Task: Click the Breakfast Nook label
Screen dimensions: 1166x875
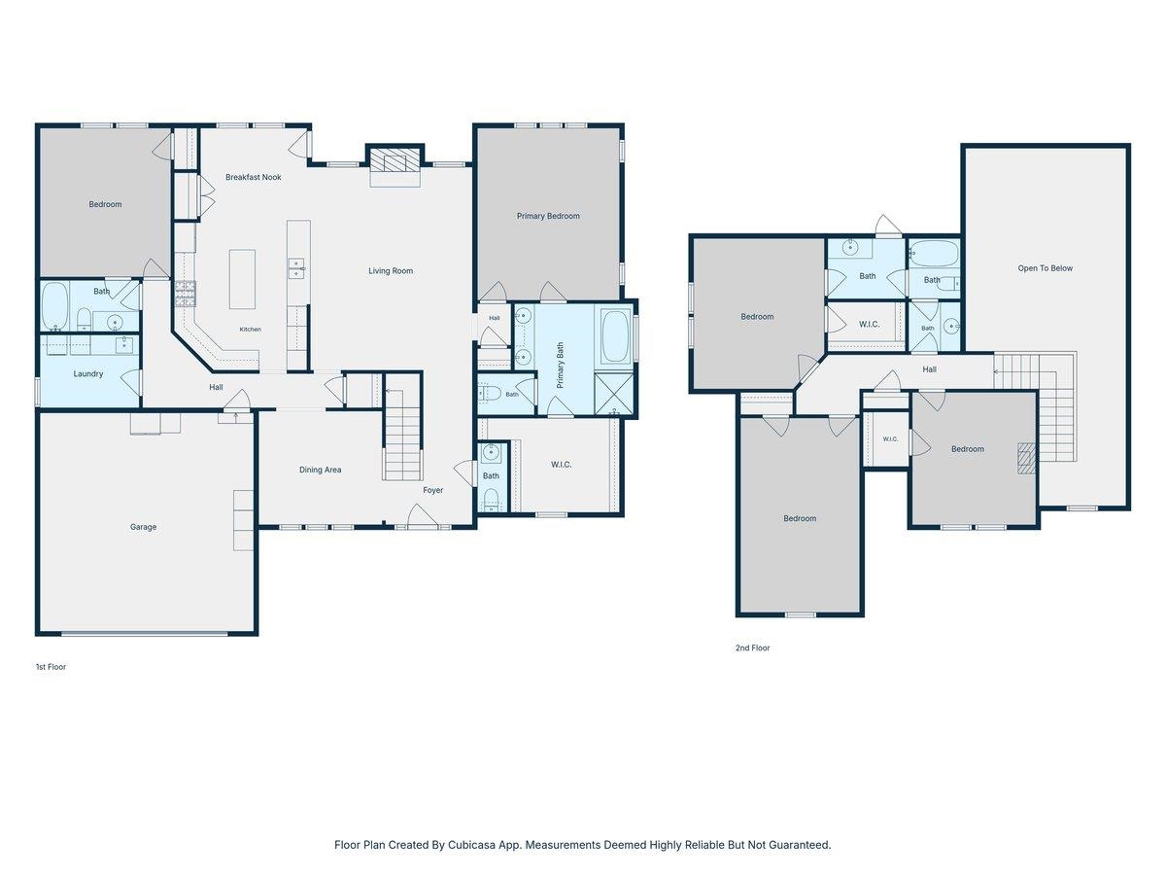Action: tap(253, 177)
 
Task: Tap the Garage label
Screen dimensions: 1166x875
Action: tap(143, 527)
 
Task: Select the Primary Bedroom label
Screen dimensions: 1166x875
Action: tap(548, 216)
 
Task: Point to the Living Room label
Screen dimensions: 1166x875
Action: tap(391, 271)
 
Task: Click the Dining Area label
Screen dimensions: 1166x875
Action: tap(320, 470)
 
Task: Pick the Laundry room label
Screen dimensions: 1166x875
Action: tap(88, 374)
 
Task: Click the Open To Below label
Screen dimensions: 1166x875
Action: tap(1045, 268)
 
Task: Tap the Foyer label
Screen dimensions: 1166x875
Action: tap(432, 490)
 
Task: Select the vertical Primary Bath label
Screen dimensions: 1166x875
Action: tap(560, 365)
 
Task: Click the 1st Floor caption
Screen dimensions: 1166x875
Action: tap(51, 667)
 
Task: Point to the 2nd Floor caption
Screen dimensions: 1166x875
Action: tap(752, 647)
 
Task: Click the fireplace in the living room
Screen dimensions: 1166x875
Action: tap(395, 159)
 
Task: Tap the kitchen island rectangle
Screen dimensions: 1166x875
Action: tap(242, 279)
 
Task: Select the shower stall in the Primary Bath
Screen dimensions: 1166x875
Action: tap(614, 394)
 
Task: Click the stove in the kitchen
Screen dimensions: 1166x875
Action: tap(185, 294)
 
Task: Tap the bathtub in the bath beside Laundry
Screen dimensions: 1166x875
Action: tap(54, 306)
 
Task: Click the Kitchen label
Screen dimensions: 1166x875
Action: tap(250, 330)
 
